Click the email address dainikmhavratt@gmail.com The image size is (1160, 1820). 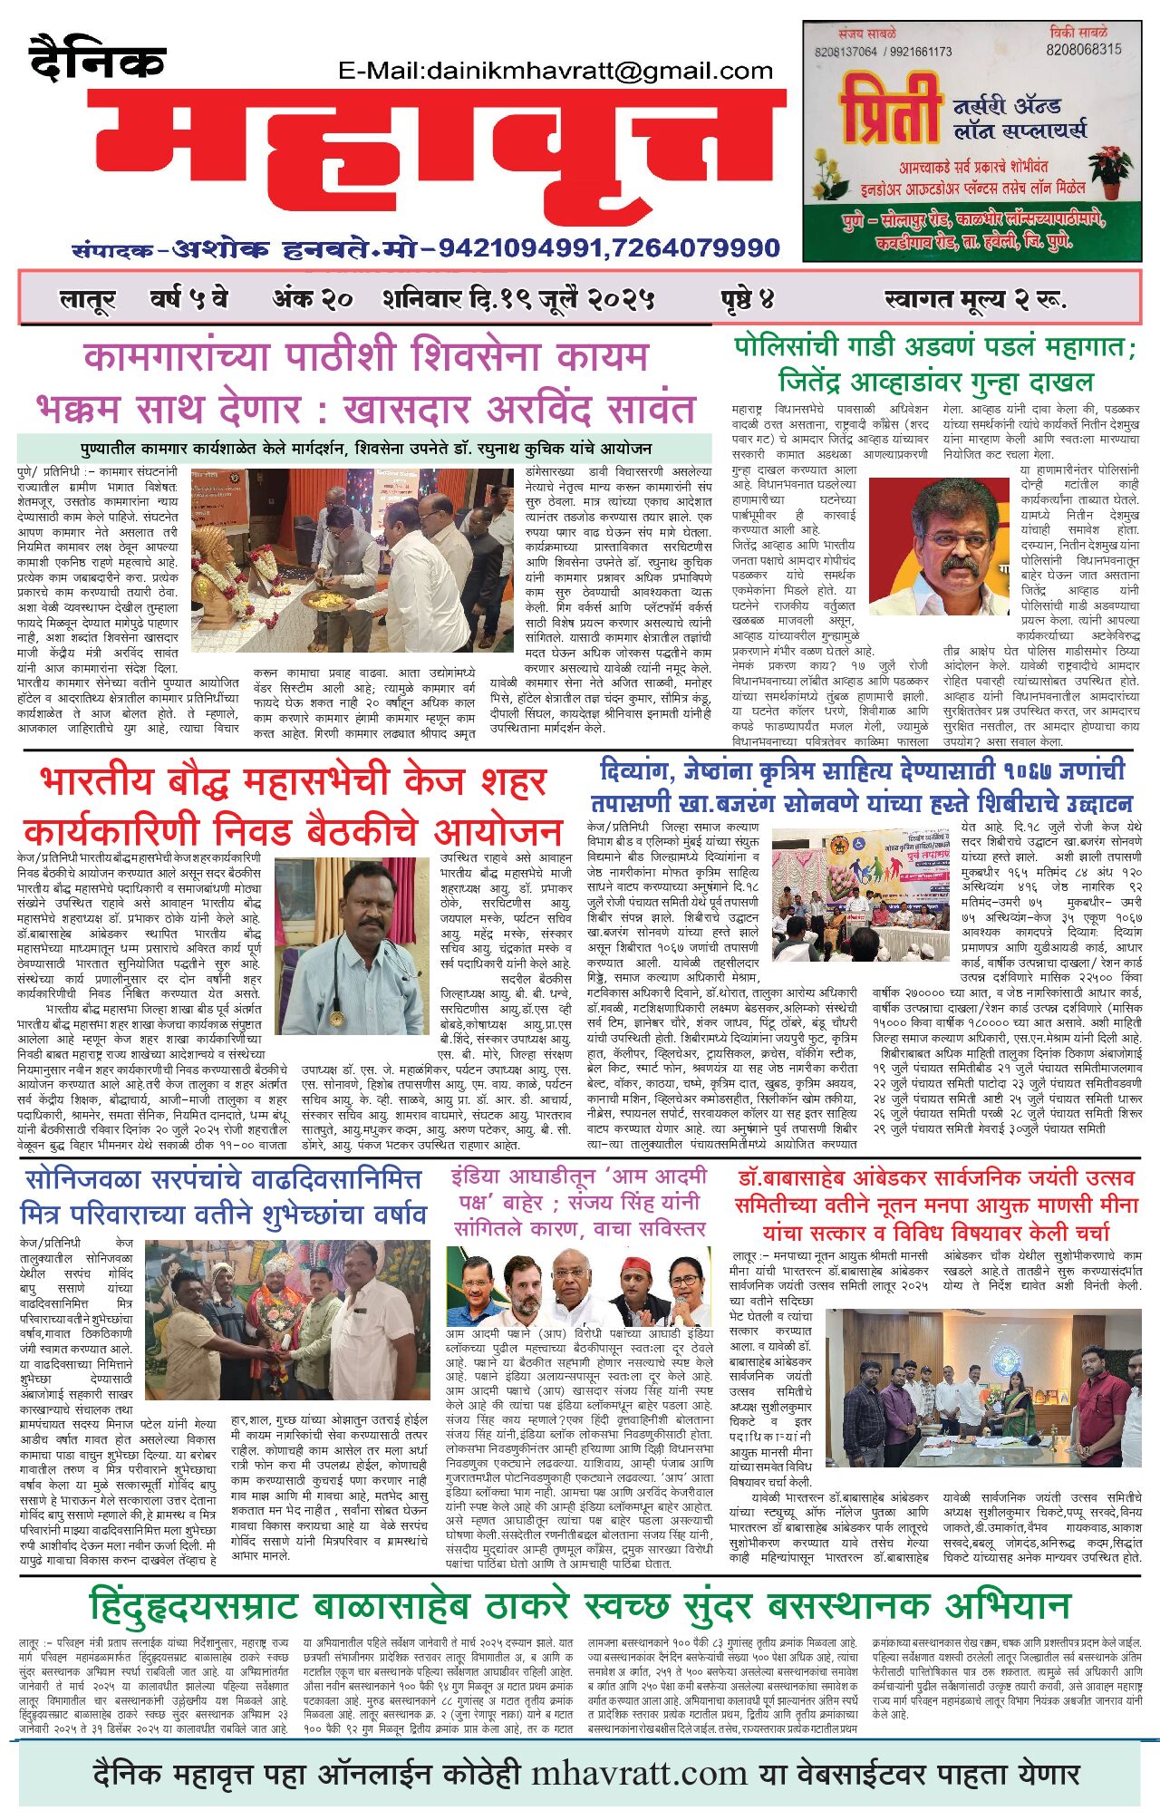[555, 71]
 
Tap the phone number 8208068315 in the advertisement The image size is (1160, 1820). [1083, 50]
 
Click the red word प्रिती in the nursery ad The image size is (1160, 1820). [889, 110]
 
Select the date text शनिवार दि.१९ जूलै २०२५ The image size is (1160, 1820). [518, 297]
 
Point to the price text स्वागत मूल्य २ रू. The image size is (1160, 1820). [974, 298]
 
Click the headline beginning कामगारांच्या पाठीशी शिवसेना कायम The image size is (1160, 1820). [365, 356]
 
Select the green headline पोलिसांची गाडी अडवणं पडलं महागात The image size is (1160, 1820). [934, 347]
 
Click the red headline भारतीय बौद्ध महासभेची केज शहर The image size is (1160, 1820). [294, 782]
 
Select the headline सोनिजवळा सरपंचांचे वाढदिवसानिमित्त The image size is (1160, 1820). [223, 1180]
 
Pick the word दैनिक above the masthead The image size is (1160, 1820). [97, 61]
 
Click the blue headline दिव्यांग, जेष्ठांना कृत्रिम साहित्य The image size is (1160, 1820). [861, 771]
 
